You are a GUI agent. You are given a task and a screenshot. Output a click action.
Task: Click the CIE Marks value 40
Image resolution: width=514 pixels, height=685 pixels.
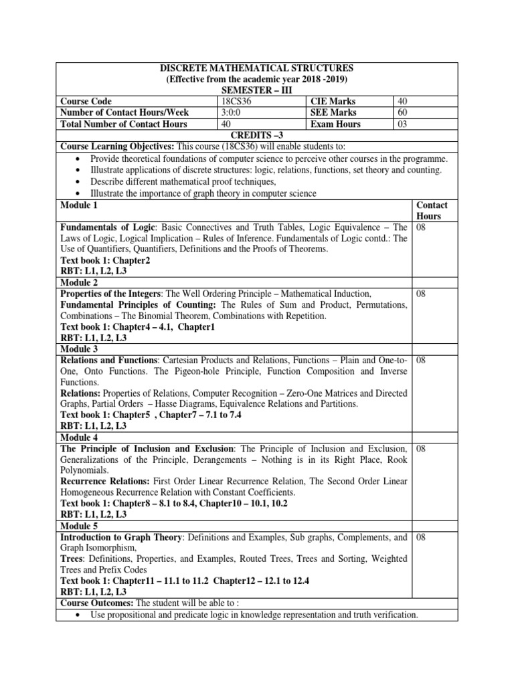click(x=402, y=101)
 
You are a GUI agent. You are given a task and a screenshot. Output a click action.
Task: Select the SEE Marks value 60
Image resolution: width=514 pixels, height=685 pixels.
click(x=402, y=112)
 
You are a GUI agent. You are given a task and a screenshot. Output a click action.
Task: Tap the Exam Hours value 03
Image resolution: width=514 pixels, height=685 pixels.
click(x=402, y=124)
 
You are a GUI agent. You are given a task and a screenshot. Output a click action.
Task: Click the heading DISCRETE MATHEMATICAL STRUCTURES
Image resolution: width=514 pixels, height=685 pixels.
click(x=257, y=68)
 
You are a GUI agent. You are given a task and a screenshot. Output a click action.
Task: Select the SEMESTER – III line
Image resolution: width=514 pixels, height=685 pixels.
click(x=257, y=90)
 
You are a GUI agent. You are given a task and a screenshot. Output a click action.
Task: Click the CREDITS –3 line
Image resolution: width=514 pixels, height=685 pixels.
click(x=257, y=135)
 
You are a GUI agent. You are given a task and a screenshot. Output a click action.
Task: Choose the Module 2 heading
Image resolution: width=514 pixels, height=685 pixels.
click(x=79, y=283)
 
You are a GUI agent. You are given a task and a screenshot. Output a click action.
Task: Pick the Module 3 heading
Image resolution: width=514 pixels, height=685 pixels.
click(x=79, y=349)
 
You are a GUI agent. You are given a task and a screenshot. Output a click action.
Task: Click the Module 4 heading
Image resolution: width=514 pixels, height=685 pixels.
click(x=79, y=437)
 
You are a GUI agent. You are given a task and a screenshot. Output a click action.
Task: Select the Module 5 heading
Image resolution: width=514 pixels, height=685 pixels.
click(x=79, y=526)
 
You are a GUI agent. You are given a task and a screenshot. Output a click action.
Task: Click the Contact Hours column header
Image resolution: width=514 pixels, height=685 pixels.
click(x=432, y=210)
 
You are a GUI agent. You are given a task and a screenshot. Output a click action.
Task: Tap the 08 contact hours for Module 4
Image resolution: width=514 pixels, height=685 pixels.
click(x=422, y=448)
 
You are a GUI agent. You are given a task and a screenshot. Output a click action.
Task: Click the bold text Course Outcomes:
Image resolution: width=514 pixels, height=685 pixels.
click(x=98, y=603)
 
